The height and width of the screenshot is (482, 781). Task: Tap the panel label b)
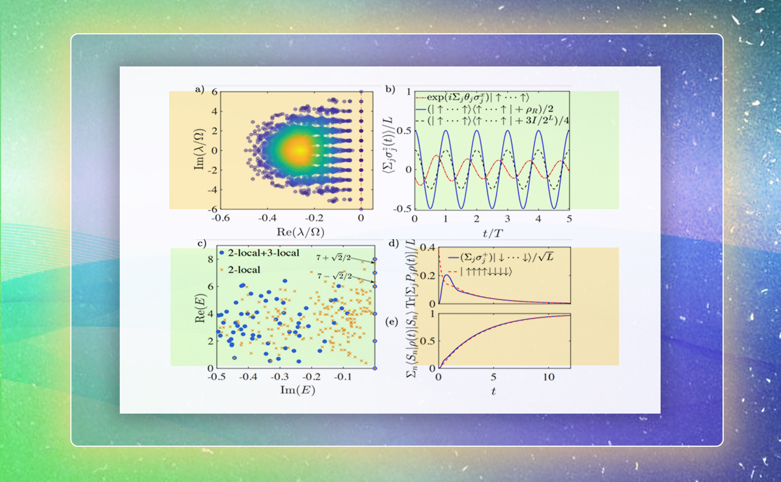pyautogui.click(x=390, y=88)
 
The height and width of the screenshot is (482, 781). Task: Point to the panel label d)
pyautogui.click(x=392, y=246)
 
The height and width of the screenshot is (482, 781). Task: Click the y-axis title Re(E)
pyautogui.click(x=184, y=308)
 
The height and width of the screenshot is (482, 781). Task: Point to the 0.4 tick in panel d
pyautogui.click(x=426, y=248)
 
